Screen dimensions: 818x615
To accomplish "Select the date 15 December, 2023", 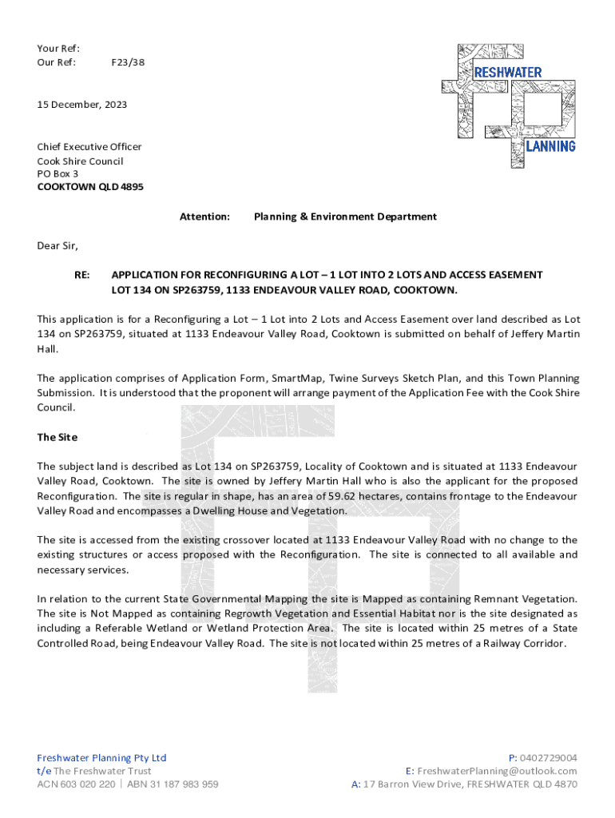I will [x=82, y=105].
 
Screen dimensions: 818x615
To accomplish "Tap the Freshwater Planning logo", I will [x=509, y=104].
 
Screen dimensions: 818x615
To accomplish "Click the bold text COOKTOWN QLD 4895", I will [x=90, y=188].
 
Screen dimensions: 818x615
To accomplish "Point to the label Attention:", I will [x=204, y=216].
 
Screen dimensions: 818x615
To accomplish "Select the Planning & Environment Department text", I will [x=345, y=216].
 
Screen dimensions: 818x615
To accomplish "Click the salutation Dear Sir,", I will [x=58, y=245].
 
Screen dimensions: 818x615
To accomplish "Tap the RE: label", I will [x=81, y=274].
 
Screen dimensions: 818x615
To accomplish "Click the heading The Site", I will [x=58, y=437].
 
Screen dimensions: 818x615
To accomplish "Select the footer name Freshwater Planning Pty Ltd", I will [x=102, y=757].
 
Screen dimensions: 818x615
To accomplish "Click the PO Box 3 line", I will [x=58, y=173].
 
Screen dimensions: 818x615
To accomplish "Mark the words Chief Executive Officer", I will [x=89, y=146].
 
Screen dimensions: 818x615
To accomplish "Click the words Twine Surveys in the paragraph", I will [x=357, y=378].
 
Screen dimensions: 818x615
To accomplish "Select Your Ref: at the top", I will [x=58, y=49].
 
